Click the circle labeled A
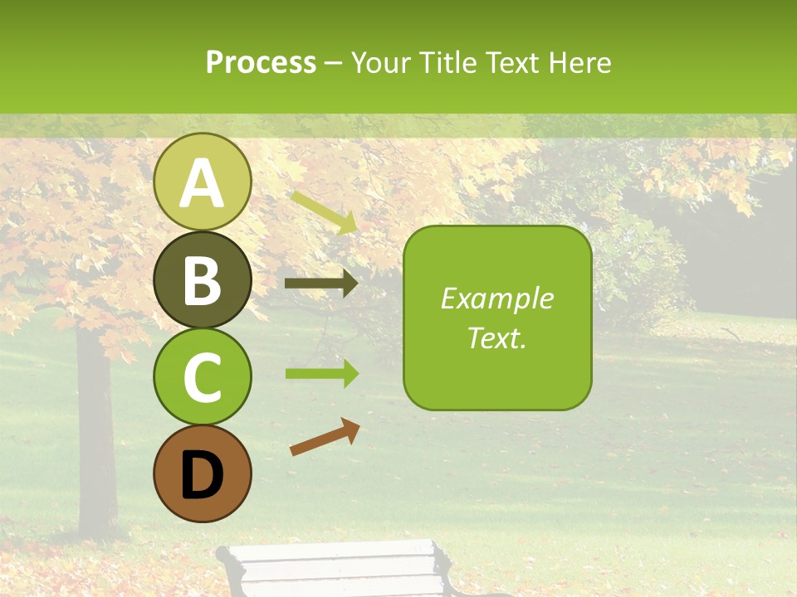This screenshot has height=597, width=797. click(202, 182)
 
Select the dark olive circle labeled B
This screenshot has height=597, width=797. click(202, 279)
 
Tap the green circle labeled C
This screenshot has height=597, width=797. click(202, 376)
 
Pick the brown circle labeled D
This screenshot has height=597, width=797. click(202, 473)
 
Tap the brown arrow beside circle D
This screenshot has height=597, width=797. click(325, 437)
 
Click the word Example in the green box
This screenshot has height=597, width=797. click(497, 298)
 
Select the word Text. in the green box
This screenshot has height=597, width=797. click(497, 337)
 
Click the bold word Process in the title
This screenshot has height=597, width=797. click(261, 62)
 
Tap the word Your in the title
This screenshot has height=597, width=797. click(381, 62)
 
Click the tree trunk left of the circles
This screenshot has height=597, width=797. click(95, 431)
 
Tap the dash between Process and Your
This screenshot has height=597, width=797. click(333, 63)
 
